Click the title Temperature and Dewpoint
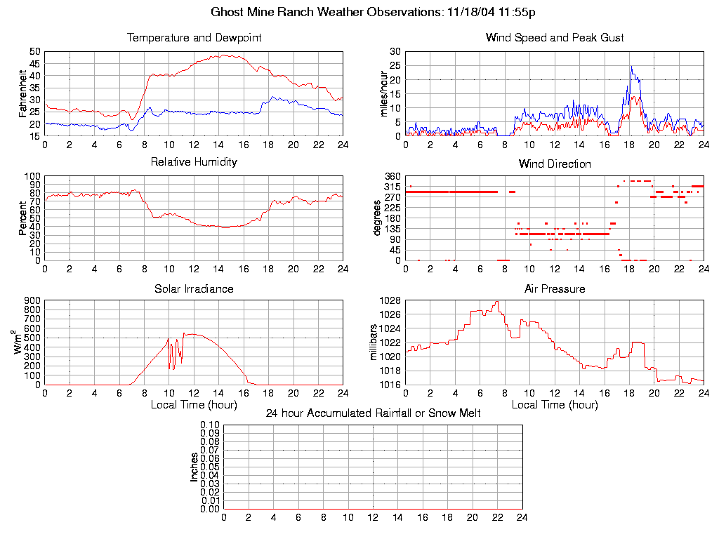[194, 38]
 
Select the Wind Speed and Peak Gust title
[555, 38]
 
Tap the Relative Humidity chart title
[194, 162]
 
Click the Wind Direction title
[555, 164]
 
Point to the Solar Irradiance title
[194, 289]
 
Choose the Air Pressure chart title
[555, 289]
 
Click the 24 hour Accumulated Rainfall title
[373, 413]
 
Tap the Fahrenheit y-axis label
[23, 93]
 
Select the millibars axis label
[374, 342]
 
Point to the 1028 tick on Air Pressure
[390, 301]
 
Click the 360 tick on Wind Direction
[392, 176]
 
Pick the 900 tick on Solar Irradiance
[32, 301]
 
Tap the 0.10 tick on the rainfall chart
[210, 425]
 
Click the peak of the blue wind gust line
[631, 67]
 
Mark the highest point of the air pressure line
[497, 302]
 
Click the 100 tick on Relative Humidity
[32, 176]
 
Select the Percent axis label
[23, 218]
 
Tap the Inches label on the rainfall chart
[194, 467]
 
